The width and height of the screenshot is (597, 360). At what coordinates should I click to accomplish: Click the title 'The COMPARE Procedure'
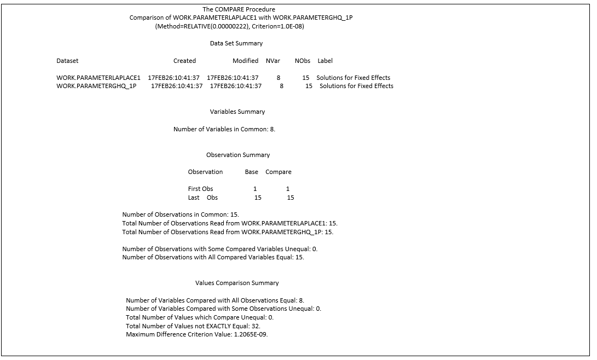(x=239, y=9)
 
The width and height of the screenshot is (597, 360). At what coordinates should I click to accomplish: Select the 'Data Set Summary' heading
(x=236, y=43)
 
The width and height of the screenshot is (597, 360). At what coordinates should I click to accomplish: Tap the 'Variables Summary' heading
(x=237, y=112)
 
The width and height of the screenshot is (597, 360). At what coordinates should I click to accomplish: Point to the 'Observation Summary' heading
(x=238, y=155)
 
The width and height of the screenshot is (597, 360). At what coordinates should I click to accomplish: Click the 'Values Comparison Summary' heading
(x=237, y=283)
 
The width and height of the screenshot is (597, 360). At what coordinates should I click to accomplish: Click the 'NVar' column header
(x=273, y=61)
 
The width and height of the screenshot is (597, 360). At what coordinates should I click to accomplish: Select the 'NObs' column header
(x=303, y=61)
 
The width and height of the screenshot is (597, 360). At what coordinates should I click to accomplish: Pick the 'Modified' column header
(x=245, y=61)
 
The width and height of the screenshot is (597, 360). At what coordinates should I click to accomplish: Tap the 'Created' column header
(x=184, y=61)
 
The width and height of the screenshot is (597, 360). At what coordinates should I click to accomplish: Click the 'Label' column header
(x=325, y=61)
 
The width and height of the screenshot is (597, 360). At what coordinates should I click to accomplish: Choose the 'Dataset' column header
(x=67, y=61)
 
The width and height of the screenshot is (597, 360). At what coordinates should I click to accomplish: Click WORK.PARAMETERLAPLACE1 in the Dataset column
(x=98, y=78)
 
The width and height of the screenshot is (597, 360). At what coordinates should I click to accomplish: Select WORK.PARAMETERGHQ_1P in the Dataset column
(x=96, y=86)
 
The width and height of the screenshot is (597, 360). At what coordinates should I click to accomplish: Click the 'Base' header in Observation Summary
(x=252, y=172)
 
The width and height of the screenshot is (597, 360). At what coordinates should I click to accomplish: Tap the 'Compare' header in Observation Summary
(x=279, y=172)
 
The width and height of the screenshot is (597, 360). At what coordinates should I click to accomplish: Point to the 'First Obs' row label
(x=200, y=189)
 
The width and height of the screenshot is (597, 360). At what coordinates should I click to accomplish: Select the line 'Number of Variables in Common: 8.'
(x=224, y=129)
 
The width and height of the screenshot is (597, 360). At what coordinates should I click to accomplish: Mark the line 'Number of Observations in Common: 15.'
(x=181, y=214)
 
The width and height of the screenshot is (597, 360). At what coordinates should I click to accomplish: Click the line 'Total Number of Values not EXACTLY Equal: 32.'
(x=193, y=326)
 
